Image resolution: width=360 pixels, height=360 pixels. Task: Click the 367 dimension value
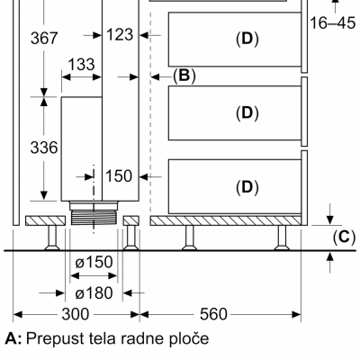tap(44, 39)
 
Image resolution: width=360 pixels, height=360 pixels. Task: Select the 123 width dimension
tap(120, 34)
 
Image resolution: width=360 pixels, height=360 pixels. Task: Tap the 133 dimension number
tap(81, 64)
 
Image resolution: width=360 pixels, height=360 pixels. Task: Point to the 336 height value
tap(44, 148)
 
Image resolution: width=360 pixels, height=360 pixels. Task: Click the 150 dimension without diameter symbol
tap(119, 175)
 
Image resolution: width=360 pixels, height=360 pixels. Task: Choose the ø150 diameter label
tap(94, 262)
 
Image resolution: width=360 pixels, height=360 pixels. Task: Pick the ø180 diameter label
tap(94, 292)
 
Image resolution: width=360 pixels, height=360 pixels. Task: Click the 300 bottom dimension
tap(76, 314)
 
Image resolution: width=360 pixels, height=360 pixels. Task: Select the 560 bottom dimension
tap(213, 314)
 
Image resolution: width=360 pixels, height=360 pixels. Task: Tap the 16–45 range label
tap(332, 23)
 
